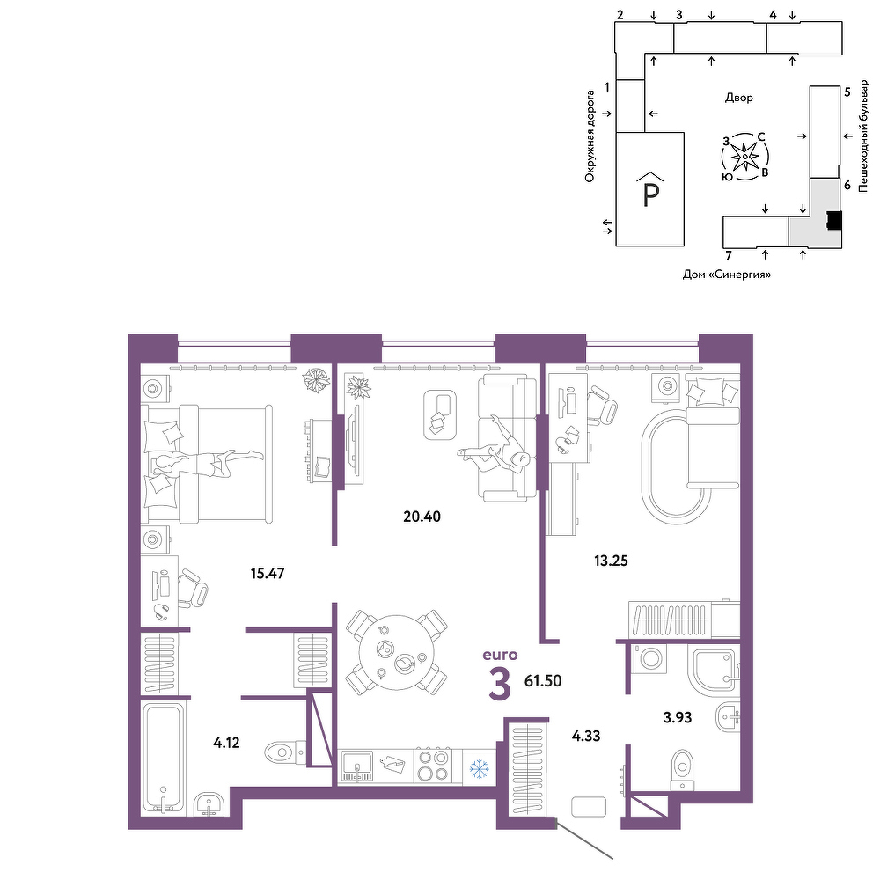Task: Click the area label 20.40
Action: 422,517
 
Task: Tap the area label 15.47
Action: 268,574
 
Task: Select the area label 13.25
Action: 612,561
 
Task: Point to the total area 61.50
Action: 543,681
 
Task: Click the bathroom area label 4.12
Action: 226,743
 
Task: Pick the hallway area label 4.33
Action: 586,736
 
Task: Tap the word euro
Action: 500,655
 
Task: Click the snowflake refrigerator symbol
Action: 480,769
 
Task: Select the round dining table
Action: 396,653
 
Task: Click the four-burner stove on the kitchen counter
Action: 433,766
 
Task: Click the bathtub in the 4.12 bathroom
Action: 163,759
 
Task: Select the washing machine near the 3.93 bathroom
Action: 650,657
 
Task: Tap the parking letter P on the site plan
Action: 650,194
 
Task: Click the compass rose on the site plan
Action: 744,158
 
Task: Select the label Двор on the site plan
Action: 739,98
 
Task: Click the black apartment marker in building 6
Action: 834,220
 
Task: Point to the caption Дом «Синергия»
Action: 727,275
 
